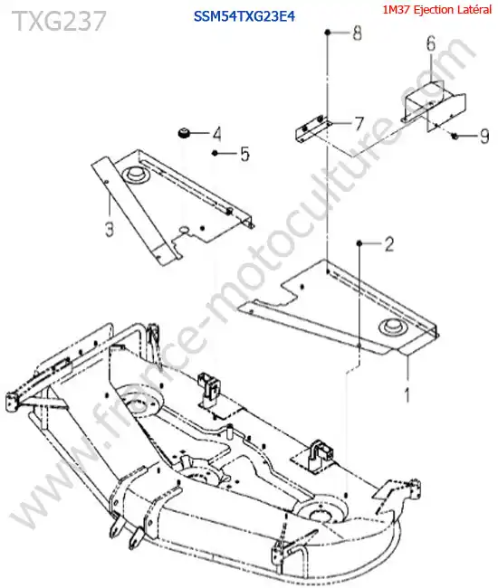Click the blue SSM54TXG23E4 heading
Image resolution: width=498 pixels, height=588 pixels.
pyautogui.click(x=244, y=16)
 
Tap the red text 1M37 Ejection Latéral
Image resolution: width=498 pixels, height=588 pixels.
pyautogui.click(x=436, y=10)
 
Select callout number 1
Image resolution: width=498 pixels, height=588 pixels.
pyautogui.click(x=407, y=395)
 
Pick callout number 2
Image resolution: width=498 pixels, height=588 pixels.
pyautogui.click(x=388, y=244)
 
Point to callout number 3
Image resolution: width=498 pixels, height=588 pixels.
pyautogui.click(x=110, y=229)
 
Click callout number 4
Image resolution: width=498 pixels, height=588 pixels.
pyautogui.click(x=216, y=134)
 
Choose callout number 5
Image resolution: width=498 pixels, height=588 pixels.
pyautogui.click(x=244, y=154)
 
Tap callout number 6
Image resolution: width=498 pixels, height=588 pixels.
pyautogui.click(x=431, y=43)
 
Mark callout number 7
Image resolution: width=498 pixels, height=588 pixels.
pyautogui.click(x=359, y=123)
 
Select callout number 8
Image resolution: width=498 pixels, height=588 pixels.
pyautogui.click(x=357, y=33)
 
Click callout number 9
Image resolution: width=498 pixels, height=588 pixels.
pyautogui.click(x=484, y=136)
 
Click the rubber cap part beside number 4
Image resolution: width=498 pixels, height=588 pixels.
pyautogui.click(x=184, y=133)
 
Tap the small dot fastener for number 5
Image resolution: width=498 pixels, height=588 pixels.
pyautogui.click(x=215, y=153)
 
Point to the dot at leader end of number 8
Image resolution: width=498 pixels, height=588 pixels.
pyautogui.click(x=328, y=33)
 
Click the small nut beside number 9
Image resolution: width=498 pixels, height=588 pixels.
pyautogui.click(x=455, y=136)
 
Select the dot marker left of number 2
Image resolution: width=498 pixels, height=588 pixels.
pyautogui.click(x=359, y=243)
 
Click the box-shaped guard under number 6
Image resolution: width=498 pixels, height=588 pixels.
pyautogui.click(x=435, y=104)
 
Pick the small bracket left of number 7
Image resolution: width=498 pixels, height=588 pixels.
pyautogui.click(x=311, y=128)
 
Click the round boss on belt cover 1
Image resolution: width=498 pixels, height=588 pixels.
pyautogui.click(x=393, y=326)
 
